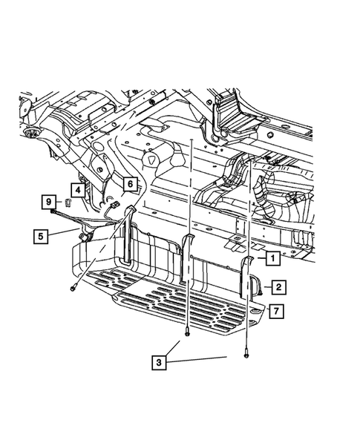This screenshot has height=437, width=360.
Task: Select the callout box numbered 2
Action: click(278, 285)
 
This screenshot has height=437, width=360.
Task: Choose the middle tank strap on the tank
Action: click(186, 256)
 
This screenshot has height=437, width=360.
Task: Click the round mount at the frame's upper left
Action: click(32, 132)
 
